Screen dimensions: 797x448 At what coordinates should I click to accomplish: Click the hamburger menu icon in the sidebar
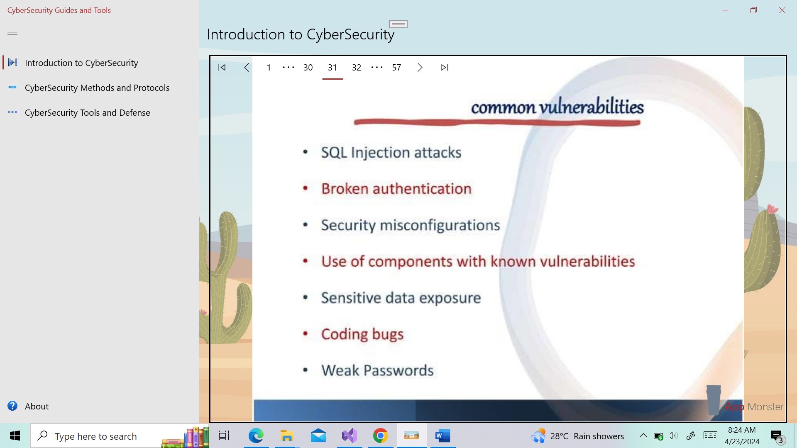(12, 32)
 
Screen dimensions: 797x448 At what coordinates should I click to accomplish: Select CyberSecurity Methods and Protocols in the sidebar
(97, 88)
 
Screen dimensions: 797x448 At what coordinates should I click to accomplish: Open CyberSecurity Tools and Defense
(87, 112)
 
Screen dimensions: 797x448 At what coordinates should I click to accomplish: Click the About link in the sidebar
(37, 406)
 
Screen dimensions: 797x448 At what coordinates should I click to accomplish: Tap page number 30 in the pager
(308, 67)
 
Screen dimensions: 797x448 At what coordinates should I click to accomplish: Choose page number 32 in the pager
(357, 67)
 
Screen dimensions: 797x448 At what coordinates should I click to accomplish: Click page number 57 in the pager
(396, 67)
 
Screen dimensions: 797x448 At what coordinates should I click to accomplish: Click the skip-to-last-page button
(445, 67)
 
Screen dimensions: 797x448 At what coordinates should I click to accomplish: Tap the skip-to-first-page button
(222, 67)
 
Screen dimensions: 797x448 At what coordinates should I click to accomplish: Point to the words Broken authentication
(396, 189)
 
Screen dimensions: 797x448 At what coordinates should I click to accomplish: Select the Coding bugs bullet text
(362, 334)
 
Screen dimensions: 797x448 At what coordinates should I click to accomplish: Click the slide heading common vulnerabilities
(557, 107)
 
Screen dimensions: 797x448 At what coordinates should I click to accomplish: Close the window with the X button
(782, 10)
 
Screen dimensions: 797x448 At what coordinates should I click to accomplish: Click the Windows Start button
(15, 436)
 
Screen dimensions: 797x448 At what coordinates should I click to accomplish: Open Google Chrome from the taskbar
(380, 436)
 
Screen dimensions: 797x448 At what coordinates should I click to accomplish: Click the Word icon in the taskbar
(443, 436)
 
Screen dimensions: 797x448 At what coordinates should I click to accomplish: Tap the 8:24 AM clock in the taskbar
(742, 430)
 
